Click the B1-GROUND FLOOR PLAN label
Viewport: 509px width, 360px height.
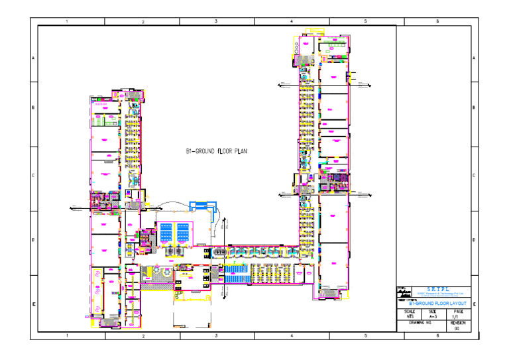[217, 152]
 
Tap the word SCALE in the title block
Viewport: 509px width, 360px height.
[409, 311]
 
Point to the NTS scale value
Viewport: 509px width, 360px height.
[409, 317]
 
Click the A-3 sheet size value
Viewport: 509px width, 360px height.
[433, 317]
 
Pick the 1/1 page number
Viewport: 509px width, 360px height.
[458, 317]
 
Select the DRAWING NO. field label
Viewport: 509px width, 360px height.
[420, 323]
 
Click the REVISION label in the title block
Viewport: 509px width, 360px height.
[458, 323]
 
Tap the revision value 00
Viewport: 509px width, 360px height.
[458, 329]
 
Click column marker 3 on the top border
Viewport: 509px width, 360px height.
[217, 22]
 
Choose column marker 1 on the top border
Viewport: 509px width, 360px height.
[67, 22]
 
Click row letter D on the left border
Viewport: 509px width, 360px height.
[34, 240]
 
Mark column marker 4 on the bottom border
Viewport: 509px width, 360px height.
[292, 337]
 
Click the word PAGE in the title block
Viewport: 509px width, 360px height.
[458, 311]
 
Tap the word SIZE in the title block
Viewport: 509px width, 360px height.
[433, 311]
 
